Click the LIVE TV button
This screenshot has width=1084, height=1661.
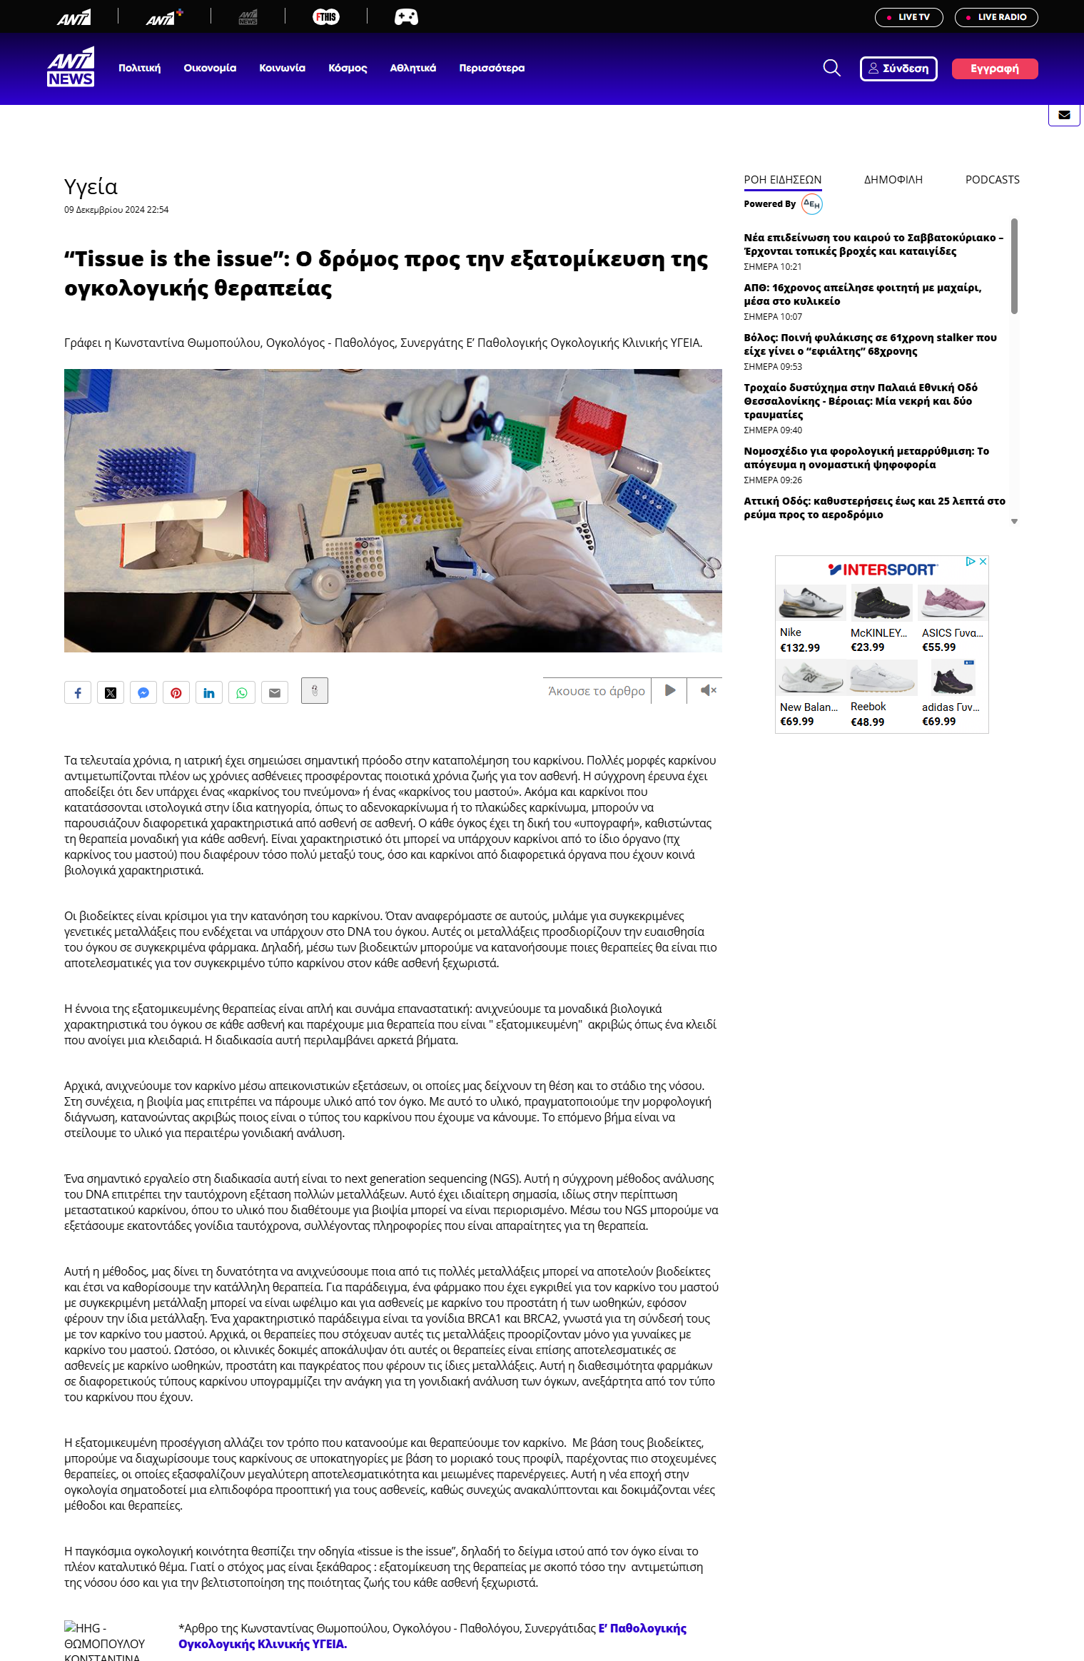[x=908, y=17]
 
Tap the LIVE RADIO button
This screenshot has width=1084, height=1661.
[x=996, y=17]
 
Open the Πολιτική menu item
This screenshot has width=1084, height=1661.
[x=140, y=69]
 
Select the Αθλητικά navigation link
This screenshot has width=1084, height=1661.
[x=412, y=69]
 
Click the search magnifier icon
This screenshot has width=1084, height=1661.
[x=831, y=69]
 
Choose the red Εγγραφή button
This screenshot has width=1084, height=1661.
[x=994, y=69]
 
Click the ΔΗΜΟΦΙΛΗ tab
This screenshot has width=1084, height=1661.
[x=893, y=180]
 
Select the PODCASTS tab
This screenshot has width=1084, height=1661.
[x=992, y=180]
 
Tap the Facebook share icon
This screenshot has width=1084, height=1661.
[x=78, y=693]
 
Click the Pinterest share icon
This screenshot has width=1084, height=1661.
[x=176, y=693]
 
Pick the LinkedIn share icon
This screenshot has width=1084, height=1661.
[x=209, y=693]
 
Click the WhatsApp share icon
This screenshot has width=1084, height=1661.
[x=242, y=693]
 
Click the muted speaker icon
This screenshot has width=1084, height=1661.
[x=707, y=690]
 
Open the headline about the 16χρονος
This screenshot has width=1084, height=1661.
[x=862, y=294]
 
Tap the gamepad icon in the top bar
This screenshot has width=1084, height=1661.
[x=406, y=17]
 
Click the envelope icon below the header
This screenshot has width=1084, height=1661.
[x=1064, y=115]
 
